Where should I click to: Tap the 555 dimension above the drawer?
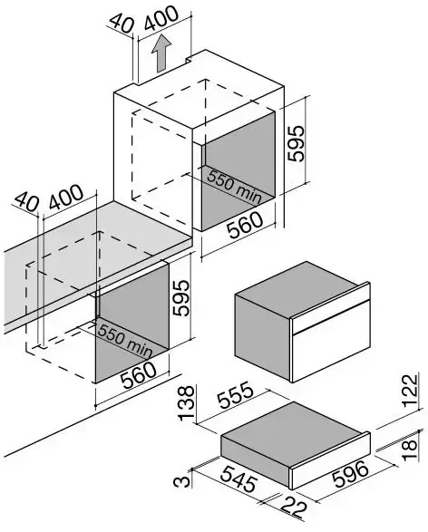tap(236, 395)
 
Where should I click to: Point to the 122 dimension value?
tap(410, 391)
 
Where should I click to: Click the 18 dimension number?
tap(410, 450)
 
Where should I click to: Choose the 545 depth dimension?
tap(238, 479)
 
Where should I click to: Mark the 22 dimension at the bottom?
tap(294, 508)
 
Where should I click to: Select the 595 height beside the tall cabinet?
tap(296, 143)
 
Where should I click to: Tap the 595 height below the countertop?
tap(180, 298)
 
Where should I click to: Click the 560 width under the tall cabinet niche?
tap(245, 225)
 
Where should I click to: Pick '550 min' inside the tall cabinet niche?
tap(234, 187)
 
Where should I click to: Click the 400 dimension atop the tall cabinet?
tap(160, 18)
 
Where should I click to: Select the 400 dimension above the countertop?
tap(66, 197)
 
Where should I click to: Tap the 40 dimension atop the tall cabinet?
tap(122, 24)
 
